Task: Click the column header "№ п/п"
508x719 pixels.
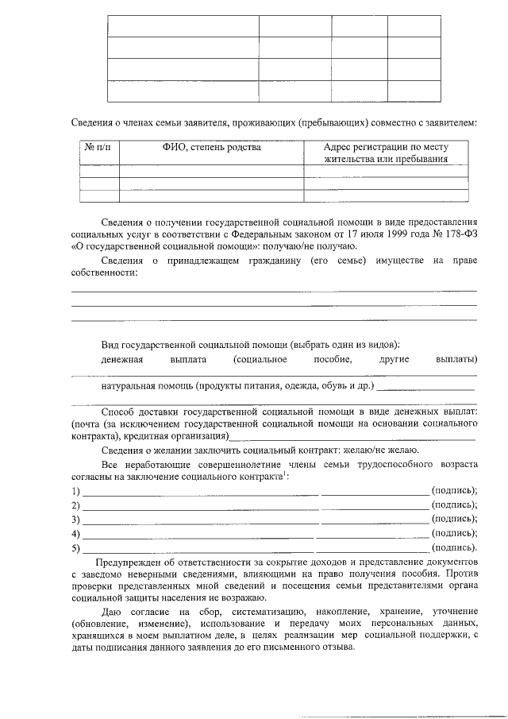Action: [99, 147]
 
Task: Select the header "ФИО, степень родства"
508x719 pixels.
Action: [211, 147]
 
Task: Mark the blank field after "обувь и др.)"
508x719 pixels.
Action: [426, 388]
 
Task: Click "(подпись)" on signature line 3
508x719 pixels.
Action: [453, 519]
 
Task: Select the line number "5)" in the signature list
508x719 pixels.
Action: [75, 548]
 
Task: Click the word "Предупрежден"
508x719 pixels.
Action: [129, 562]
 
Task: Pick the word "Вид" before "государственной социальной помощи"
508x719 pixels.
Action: [110, 344]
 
